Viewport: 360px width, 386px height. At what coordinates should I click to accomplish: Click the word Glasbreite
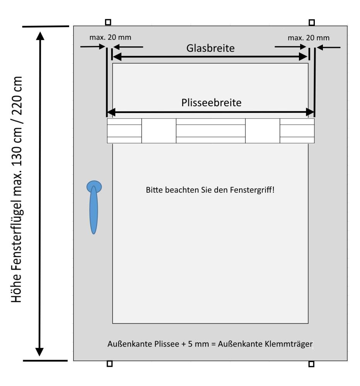[211, 48]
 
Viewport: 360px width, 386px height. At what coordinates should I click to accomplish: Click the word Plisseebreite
[211, 103]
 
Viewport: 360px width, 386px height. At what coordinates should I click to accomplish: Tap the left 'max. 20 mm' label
[110, 37]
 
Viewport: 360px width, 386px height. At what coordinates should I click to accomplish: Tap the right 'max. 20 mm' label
[309, 37]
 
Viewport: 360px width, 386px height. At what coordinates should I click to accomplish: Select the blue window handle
[93, 208]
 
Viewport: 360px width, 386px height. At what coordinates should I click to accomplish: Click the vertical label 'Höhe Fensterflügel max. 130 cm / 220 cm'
[17, 189]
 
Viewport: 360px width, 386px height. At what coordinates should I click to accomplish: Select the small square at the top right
[311, 22]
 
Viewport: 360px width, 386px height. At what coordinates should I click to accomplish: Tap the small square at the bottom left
[109, 364]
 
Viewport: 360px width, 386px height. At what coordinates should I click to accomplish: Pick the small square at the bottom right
[311, 364]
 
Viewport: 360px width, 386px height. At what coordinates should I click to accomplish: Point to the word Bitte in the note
[153, 190]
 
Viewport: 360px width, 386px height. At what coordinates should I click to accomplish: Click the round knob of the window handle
[94, 187]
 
